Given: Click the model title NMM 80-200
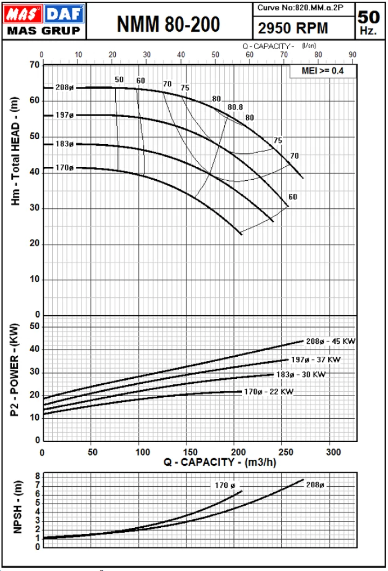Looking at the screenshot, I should coord(168,24).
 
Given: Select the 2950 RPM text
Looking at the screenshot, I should coord(293,28).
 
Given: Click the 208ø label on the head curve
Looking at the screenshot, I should coord(64,87).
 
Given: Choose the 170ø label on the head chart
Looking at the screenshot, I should coord(64,167).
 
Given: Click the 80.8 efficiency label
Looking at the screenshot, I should coord(235,107).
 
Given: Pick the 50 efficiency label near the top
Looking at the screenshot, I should coord(119,79).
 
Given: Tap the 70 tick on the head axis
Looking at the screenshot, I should coord(34,65).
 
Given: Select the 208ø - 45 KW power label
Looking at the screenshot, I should coord(330,341).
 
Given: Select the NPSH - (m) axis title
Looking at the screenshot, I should coord(17,507).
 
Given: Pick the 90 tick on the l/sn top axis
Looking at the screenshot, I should coord(353,55).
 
